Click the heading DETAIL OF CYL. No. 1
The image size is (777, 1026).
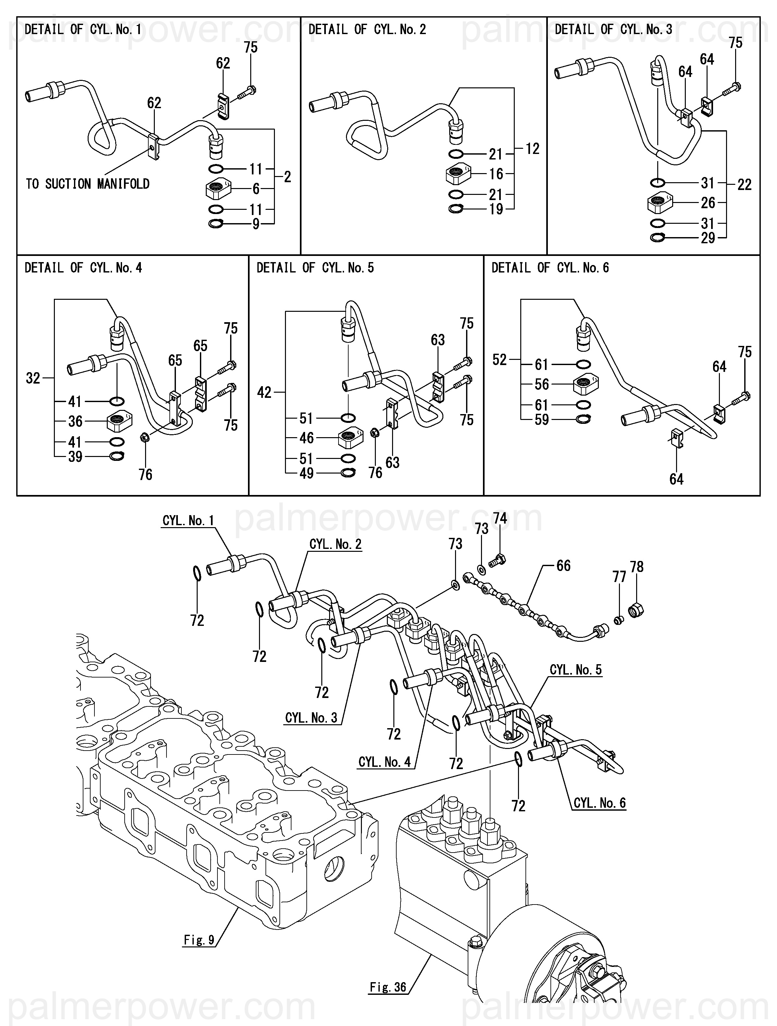point(83,30)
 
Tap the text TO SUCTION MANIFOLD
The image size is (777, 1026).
point(88,184)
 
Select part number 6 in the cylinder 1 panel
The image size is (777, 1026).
point(256,189)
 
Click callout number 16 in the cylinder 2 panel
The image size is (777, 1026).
point(496,174)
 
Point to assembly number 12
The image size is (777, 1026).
point(533,148)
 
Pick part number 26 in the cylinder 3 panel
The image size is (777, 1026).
point(708,203)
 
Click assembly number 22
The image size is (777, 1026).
point(745,184)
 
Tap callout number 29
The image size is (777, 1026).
point(708,238)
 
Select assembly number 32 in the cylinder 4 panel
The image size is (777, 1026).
point(33,378)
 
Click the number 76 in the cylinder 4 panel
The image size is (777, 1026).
point(146,475)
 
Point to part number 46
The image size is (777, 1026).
point(306,438)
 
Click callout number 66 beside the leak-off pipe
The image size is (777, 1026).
point(563,565)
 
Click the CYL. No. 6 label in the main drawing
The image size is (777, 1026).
point(599,803)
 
